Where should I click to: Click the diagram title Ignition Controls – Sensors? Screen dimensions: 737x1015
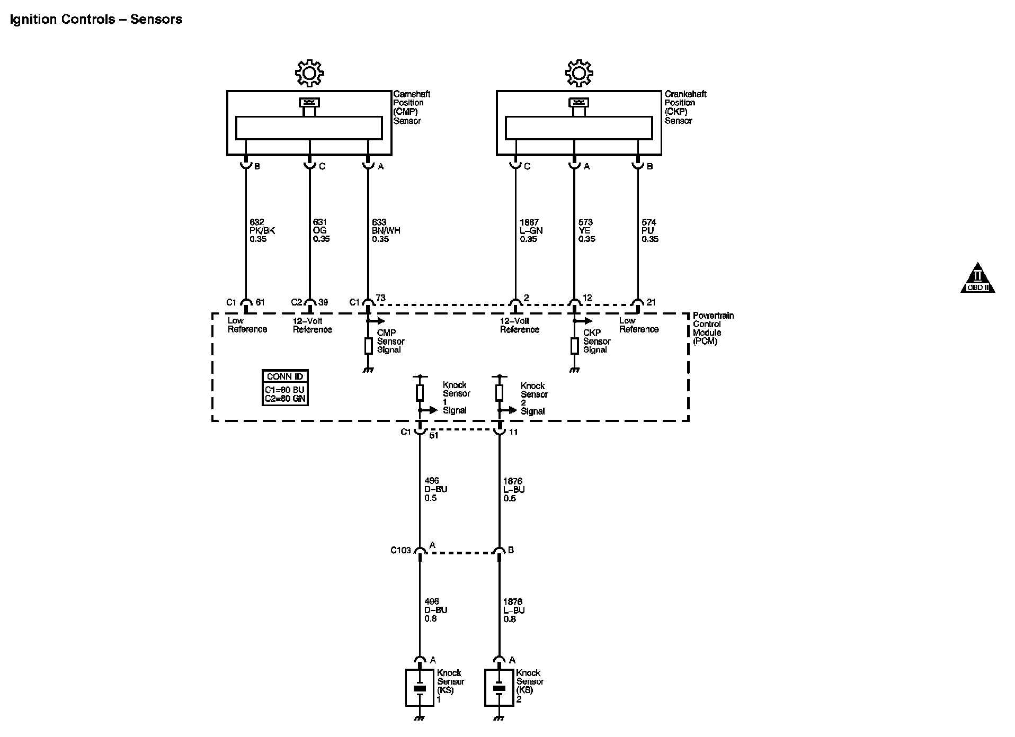point(96,20)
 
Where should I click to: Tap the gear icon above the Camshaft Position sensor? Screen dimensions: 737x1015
point(310,73)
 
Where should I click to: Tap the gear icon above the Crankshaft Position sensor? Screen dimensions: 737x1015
point(579,73)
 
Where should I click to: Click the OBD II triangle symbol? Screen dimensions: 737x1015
point(977,278)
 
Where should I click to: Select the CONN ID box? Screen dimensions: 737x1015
point(285,388)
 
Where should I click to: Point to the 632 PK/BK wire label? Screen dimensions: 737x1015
point(262,231)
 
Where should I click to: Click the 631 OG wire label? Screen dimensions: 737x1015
point(321,231)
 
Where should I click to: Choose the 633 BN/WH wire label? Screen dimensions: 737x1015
point(386,231)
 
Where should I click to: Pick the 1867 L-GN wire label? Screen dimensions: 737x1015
point(531,231)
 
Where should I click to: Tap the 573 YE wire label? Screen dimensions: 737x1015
point(586,231)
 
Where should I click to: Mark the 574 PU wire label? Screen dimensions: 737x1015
point(649,231)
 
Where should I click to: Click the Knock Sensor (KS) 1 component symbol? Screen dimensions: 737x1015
point(420,688)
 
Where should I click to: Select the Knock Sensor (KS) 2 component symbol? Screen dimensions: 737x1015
point(499,688)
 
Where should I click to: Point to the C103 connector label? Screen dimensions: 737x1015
point(400,550)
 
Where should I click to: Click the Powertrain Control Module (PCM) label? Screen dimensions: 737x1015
point(713,328)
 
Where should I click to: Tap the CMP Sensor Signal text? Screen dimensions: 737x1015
point(390,341)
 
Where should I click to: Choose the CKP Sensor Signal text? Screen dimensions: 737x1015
point(596,341)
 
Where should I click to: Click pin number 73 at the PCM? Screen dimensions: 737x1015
point(380,298)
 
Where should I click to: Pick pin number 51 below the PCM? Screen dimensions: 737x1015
point(433,436)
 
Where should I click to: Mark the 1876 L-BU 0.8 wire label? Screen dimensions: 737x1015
point(513,610)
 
